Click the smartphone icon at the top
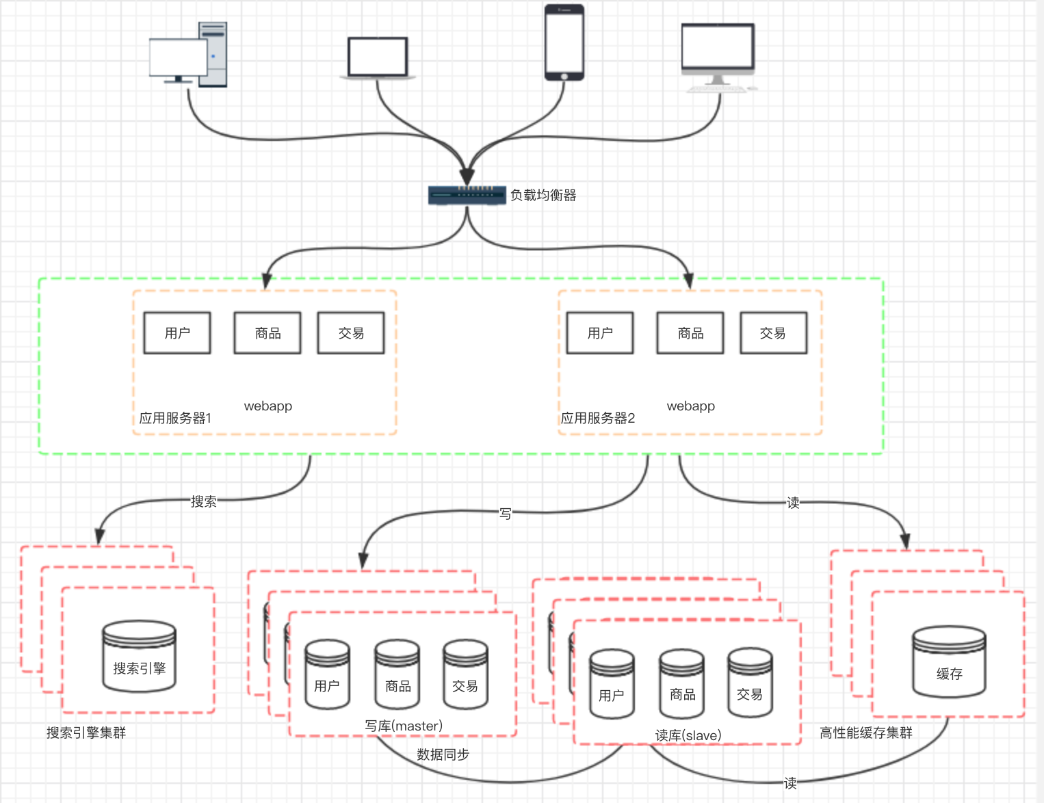(564, 42)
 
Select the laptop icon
(378, 59)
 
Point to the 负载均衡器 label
(543, 196)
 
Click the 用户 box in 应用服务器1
(177, 333)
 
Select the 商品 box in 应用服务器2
(690, 333)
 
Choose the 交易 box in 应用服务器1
(351, 333)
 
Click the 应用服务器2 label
(598, 418)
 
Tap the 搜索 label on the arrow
(203, 501)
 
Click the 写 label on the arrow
(505, 513)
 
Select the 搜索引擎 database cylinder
(140, 656)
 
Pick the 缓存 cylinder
(950, 661)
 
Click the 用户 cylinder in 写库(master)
(327, 674)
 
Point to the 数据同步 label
(443, 754)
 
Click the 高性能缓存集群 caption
(866, 733)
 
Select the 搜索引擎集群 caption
(86, 733)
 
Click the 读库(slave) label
(688, 735)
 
